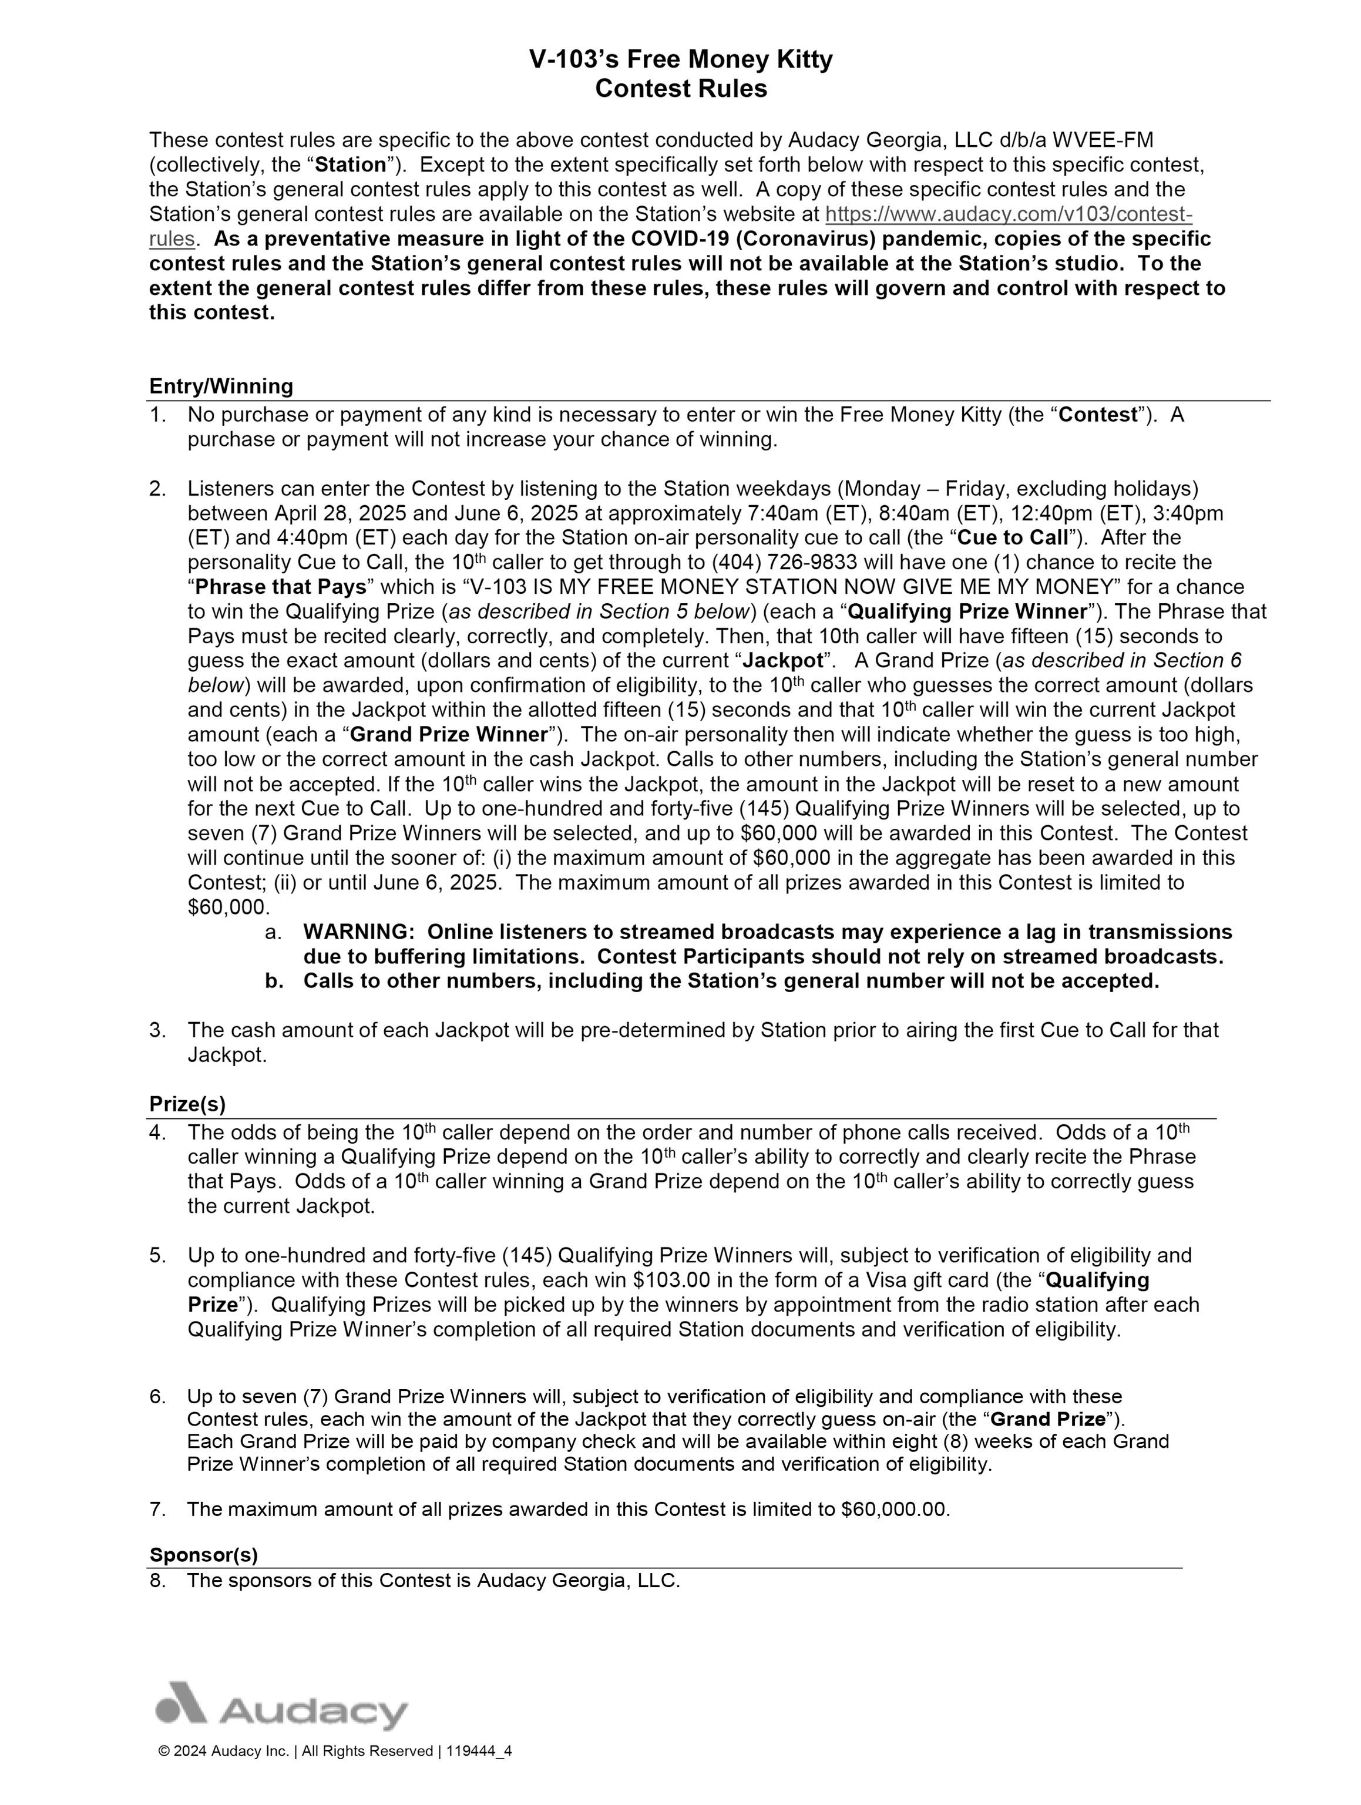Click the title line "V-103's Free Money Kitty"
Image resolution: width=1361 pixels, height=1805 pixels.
pyautogui.click(x=680, y=59)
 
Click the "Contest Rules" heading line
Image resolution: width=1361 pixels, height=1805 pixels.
pyautogui.click(x=680, y=88)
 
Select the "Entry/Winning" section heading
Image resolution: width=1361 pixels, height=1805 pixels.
pyautogui.click(x=221, y=386)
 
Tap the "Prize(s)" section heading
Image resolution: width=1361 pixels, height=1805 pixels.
pyautogui.click(x=187, y=1104)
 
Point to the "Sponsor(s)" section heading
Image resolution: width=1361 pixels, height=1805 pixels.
pyautogui.click(x=203, y=1555)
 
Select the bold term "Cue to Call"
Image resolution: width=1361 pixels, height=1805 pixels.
pyautogui.click(x=1011, y=538)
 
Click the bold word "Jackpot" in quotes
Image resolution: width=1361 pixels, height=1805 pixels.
pyautogui.click(x=782, y=660)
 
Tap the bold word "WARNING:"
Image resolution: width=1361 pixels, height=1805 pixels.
pyautogui.click(x=360, y=932)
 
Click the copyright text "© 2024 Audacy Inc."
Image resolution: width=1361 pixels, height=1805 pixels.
pyautogui.click(x=224, y=1773)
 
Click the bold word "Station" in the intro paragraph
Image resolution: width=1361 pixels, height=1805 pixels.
pyautogui.click(x=350, y=165)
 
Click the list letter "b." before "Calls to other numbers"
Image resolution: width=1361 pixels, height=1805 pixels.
pyautogui.click(x=274, y=981)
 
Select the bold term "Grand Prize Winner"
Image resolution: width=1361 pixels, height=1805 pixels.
pyautogui.click(x=449, y=734)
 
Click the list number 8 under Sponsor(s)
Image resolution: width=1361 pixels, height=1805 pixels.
pyautogui.click(x=157, y=1580)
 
